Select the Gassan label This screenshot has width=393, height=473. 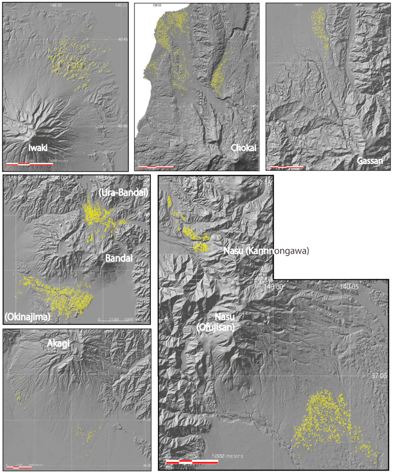(x=370, y=161)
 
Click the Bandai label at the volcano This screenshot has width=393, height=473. (x=119, y=258)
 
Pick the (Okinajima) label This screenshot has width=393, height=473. (x=28, y=316)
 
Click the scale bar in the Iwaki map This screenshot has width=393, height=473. (x=30, y=164)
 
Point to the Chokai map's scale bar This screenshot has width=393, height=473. (x=156, y=167)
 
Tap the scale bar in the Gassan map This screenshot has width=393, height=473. (x=286, y=167)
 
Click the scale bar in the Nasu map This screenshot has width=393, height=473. (x=192, y=461)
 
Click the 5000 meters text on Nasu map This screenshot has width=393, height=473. (x=227, y=456)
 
